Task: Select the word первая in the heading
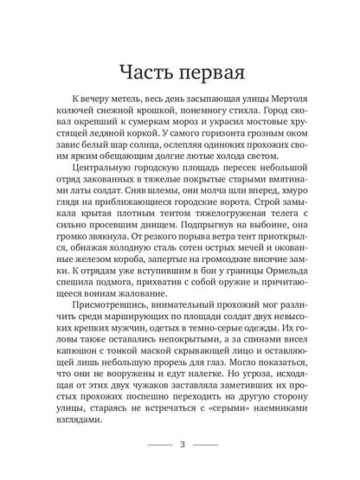point(209,69)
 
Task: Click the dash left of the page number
point(158,445)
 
